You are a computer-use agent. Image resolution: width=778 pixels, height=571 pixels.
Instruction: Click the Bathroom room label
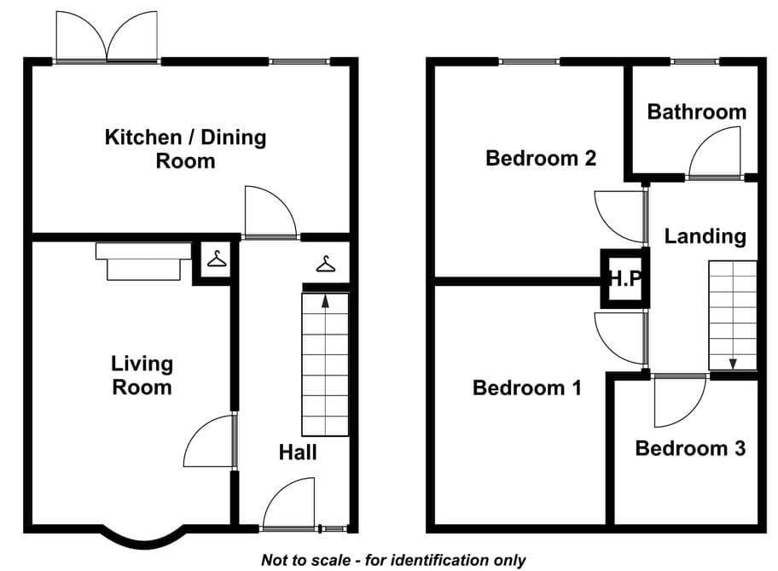pos(697,112)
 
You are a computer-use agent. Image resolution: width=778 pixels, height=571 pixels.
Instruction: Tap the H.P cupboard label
pos(625,278)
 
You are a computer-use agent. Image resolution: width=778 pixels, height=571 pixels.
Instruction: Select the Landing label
pos(705,236)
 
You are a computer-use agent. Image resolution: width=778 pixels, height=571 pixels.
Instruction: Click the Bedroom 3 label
pos(690,448)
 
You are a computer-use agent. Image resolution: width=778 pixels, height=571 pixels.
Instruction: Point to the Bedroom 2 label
pos(541,159)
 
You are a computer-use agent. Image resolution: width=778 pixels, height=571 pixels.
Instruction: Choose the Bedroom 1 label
pos(527,387)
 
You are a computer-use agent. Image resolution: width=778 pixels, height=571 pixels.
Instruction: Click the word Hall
pos(298,452)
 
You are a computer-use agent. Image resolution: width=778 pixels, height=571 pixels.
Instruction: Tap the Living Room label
pos(142,376)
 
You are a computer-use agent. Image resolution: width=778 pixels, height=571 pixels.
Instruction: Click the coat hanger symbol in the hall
pos(326,264)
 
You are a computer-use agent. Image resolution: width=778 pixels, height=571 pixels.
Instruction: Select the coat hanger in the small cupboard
pos(217,259)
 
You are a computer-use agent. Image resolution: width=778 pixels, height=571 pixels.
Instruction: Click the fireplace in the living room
pos(143,262)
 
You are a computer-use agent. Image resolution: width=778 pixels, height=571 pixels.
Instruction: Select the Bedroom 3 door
pos(680,400)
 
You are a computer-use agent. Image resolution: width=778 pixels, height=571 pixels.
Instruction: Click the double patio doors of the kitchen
pos(107,37)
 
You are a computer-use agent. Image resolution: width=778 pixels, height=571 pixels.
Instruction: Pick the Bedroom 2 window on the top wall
pos(530,61)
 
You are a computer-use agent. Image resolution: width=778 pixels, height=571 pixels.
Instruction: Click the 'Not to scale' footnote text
pos(393,560)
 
